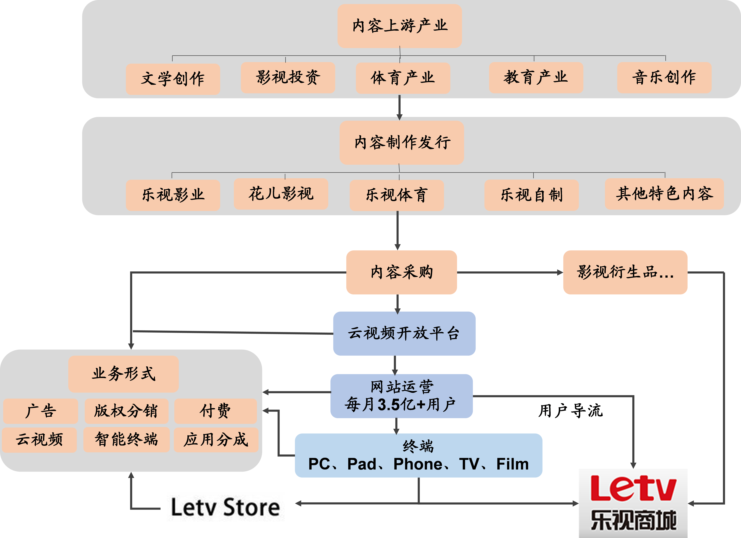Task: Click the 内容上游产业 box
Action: [x=400, y=26]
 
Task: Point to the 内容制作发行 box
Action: [x=402, y=142]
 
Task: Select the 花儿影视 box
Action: [x=281, y=194]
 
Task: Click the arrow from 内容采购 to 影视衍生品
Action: [x=510, y=272]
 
